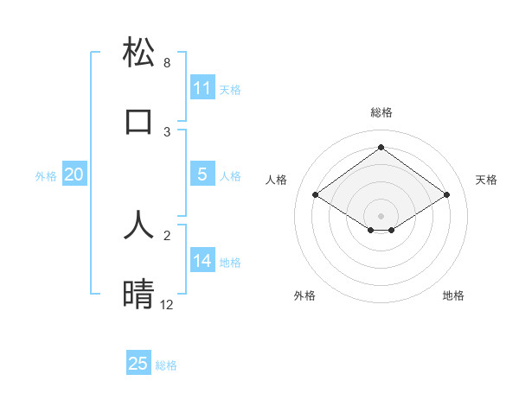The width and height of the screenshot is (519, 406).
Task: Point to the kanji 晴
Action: click(138, 295)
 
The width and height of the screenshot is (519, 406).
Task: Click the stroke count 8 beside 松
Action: click(167, 63)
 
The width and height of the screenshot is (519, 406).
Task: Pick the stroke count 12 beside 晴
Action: click(167, 305)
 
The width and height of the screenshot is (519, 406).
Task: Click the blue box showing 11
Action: click(202, 88)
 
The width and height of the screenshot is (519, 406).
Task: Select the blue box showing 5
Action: click(202, 174)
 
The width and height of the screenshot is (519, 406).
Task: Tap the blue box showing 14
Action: click(202, 261)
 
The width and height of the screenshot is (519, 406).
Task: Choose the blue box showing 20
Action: click(74, 174)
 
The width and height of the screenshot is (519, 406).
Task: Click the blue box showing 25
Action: click(138, 364)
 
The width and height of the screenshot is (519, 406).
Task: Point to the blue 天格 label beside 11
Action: click(230, 89)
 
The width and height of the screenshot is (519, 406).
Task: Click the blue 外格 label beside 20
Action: click(46, 175)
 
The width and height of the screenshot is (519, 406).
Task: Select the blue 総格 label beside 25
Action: click(166, 365)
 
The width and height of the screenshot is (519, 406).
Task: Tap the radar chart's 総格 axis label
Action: click(381, 112)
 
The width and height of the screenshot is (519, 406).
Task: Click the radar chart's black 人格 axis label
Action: click(277, 180)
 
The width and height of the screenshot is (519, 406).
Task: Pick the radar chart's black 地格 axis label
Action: click(453, 295)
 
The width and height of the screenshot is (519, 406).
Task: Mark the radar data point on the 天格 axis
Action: click(446, 195)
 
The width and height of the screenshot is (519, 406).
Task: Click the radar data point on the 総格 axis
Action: click(381, 148)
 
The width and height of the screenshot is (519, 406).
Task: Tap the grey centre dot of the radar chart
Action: click(381, 215)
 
